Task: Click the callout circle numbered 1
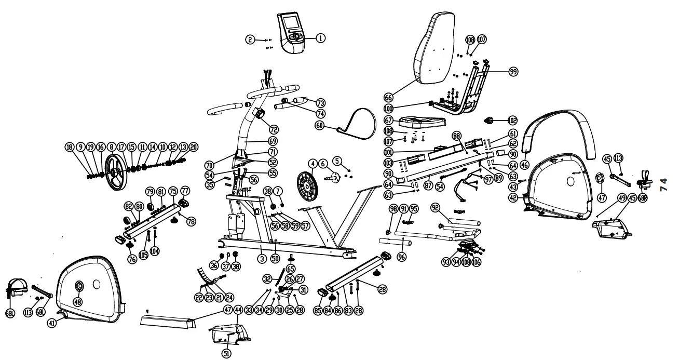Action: pos(321,38)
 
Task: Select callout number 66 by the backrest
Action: pos(388,97)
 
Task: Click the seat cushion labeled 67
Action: pos(422,123)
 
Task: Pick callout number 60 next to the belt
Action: pos(320,125)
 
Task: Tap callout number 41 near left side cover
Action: pos(52,322)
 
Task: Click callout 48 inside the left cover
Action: pos(78,301)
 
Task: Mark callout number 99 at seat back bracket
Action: pos(513,72)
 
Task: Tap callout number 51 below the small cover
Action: pos(226,353)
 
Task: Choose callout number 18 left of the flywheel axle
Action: pos(69,147)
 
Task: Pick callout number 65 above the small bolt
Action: pos(290,269)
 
